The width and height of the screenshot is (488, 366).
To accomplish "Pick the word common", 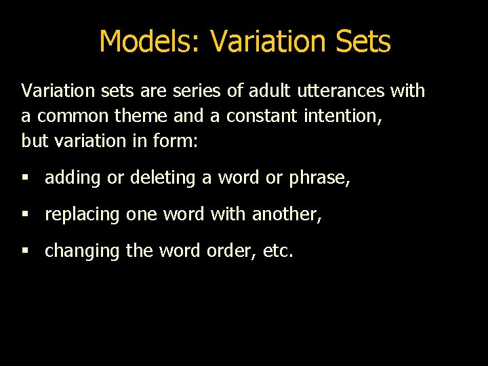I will coord(73,116).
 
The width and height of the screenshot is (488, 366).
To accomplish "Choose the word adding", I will coord(73,178).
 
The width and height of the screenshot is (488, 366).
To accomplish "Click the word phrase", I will coord(319,178).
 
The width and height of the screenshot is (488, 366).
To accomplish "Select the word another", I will coord(286,215).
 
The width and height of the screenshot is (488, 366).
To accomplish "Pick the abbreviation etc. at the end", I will coord(278,251).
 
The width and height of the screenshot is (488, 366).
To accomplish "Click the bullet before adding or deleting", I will coord(25,178).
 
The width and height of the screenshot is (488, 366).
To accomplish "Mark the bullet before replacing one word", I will coord(25,215).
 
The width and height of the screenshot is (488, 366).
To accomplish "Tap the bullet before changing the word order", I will coord(25,251).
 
